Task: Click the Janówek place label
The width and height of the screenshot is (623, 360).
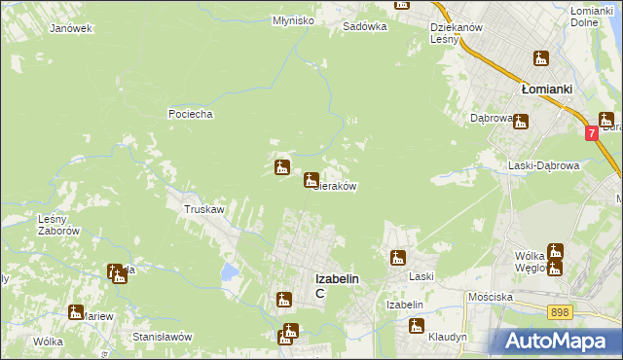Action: (x=71, y=28)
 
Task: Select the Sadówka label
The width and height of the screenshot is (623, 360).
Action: (x=365, y=27)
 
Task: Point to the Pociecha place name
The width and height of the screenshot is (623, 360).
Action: (x=190, y=114)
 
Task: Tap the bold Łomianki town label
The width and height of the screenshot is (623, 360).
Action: (x=546, y=89)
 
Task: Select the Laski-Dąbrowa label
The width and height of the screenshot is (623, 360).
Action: (x=544, y=165)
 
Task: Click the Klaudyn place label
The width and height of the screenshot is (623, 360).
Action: (x=448, y=336)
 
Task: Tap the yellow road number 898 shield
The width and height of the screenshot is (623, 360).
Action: (x=559, y=311)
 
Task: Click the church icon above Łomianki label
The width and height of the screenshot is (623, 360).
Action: (x=539, y=59)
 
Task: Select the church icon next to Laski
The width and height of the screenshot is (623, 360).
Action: (x=398, y=258)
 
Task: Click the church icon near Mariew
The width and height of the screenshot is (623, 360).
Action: (x=76, y=312)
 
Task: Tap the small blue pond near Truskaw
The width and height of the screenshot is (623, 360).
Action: (x=229, y=271)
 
